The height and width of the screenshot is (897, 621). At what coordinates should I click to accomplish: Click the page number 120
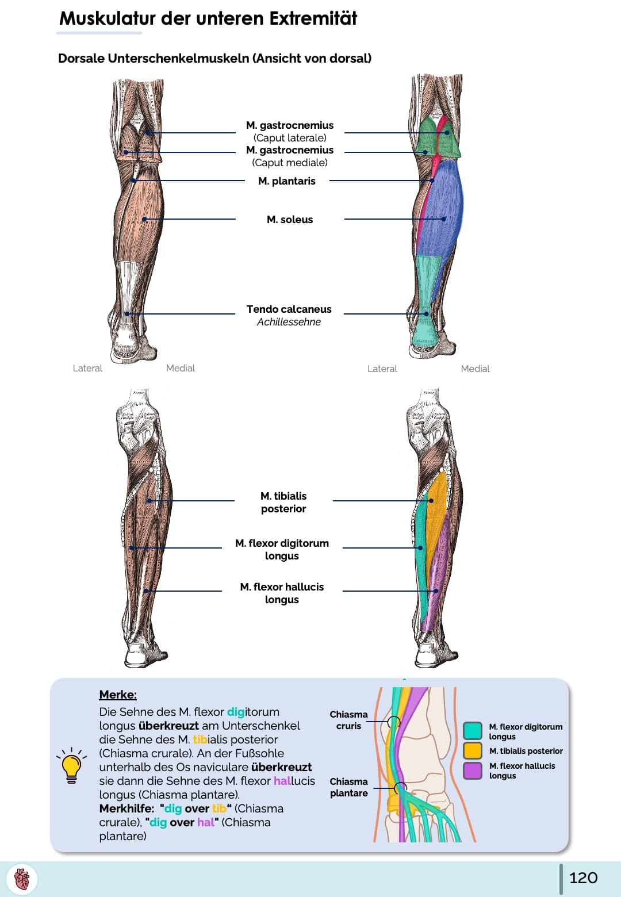583,877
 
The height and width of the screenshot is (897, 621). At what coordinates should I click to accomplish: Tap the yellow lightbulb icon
71,766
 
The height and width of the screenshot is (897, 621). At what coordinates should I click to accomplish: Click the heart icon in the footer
22,879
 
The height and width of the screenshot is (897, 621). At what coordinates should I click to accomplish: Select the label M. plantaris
286,181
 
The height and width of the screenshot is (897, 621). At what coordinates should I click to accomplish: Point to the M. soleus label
290,220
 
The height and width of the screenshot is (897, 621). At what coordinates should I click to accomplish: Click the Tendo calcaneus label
289,309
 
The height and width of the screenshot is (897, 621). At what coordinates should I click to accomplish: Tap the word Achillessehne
289,322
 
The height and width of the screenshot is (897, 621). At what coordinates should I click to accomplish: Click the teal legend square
472,731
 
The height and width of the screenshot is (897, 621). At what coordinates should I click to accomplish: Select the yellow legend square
472,750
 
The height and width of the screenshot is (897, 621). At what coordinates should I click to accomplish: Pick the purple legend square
472,770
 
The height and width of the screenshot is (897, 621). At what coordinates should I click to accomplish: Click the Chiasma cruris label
348,720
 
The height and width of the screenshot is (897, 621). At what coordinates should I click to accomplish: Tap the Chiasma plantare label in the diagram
348,787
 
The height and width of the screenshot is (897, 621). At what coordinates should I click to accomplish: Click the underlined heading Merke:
118,695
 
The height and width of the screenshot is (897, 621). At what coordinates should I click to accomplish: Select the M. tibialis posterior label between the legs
283,502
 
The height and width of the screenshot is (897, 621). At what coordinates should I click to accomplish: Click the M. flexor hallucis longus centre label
282,593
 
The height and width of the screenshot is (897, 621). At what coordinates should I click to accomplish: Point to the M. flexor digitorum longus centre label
282,549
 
